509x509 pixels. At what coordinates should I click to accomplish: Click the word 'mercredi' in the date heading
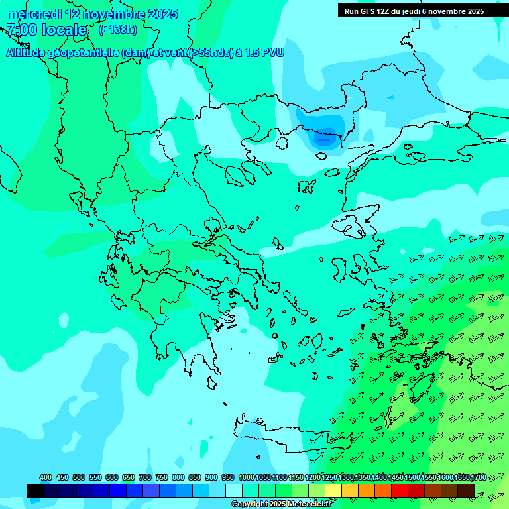(x=33, y=14)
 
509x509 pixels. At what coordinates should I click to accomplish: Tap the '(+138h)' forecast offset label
(x=118, y=29)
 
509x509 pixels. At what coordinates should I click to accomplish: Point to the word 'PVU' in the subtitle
(x=272, y=52)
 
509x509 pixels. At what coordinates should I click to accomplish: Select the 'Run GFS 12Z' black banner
(x=414, y=11)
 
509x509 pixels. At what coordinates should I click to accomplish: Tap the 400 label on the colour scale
(x=46, y=477)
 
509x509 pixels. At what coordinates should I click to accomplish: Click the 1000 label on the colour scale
(x=247, y=477)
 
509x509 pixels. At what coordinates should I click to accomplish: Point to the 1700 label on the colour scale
(x=478, y=477)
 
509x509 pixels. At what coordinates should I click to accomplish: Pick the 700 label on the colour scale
(x=145, y=477)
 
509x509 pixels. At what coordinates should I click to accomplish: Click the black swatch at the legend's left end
(x=35, y=490)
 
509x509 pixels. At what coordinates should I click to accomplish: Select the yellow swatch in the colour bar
(x=333, y=490)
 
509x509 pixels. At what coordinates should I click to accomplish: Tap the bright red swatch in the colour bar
(x=400, y=490)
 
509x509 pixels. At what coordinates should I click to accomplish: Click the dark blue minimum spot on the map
(x=324, y=139)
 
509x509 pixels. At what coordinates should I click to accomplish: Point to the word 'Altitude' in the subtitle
(x=29, y=52)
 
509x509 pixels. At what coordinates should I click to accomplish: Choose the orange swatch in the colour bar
(x=367, y=490)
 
